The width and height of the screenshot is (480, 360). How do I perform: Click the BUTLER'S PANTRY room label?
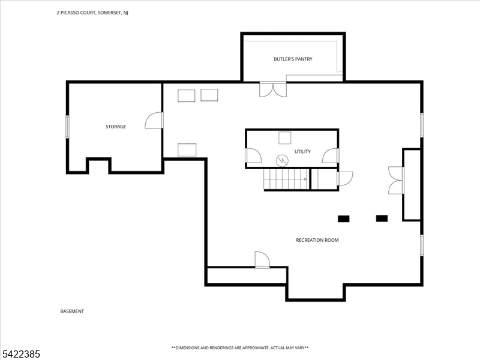tap(293, 59)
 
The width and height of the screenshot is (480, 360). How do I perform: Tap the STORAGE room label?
tap(116, 127)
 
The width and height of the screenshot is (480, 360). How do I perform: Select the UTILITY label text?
tap(302, 152)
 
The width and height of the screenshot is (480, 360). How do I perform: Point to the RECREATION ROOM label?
tap(317, 240)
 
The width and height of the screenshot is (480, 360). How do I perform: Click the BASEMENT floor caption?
tap(72, 311)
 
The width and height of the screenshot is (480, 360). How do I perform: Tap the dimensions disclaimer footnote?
tap(240, 348)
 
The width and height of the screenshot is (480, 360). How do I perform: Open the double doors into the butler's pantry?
tap(273, 89)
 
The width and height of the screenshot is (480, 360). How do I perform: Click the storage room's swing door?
tap(154, 120)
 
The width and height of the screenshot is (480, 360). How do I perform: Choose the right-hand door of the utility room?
tap(330, 155)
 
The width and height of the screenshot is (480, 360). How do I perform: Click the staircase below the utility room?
tap(287, 179)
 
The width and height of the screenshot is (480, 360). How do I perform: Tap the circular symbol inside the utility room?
tap(283, 160)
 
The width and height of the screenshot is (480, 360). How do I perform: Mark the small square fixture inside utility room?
tap(284, 137)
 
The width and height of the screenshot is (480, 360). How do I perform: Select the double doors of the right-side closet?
tap(396, 180)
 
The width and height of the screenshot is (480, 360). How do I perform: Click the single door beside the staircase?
tap(345, 179)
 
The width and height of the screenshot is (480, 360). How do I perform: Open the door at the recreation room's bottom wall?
tap(262, 260)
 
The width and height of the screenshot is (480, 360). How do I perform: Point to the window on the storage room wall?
tap(68, 127)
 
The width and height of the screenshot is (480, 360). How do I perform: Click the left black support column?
tap(344, 218)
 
